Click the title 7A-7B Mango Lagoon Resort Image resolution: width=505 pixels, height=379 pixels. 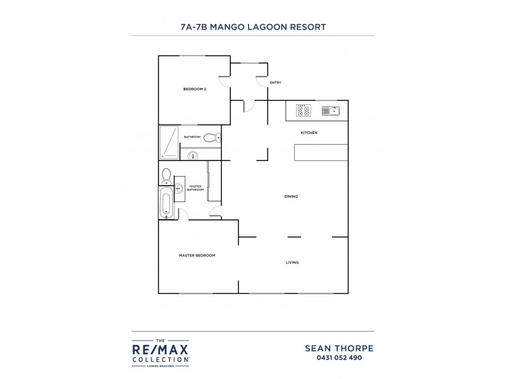pos(252,27)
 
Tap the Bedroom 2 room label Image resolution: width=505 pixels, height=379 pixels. pos(194,89)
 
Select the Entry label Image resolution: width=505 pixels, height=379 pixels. pos(275,83)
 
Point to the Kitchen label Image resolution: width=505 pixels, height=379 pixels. pos(309,133)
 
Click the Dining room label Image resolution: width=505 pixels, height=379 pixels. pos(290,196)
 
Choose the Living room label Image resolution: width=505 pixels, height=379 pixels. pos(292,262)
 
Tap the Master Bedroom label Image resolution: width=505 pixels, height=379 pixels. pos(197,255)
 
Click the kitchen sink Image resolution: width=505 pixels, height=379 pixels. pos(331,111)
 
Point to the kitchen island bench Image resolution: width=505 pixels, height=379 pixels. pos(321,152)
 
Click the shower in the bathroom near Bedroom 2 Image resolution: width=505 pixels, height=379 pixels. pos(169,141)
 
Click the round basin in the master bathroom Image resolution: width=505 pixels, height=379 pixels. pos(179,188)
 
